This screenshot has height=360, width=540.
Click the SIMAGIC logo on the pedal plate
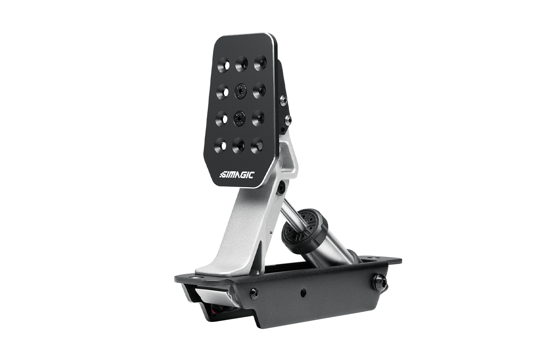point(237,175)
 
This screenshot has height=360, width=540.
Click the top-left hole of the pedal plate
point(223,65)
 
